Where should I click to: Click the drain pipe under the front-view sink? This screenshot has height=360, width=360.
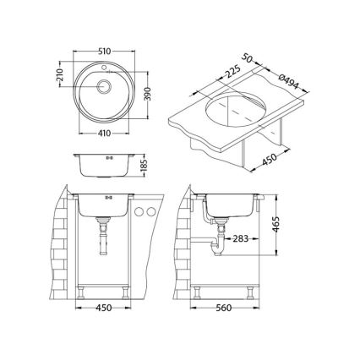pos(104,241)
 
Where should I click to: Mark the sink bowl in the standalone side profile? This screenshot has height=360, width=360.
pos(105,166)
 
